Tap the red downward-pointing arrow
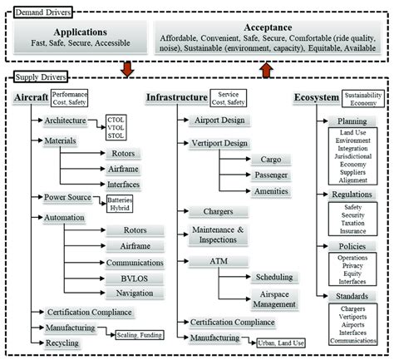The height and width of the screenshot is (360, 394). click(126, 66)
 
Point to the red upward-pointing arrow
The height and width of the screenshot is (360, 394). click(267, 66)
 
